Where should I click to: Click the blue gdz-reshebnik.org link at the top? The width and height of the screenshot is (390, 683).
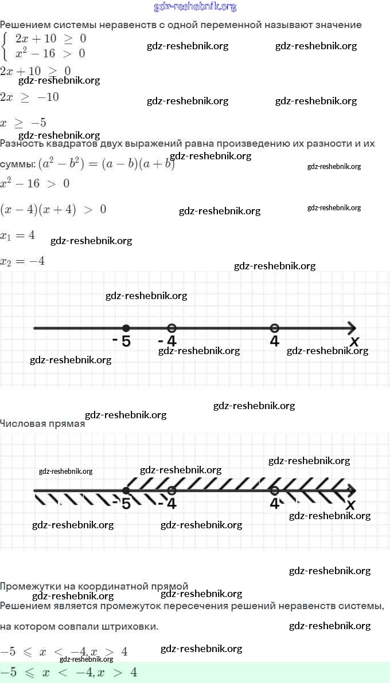pyautogui.click(x=195, y=7)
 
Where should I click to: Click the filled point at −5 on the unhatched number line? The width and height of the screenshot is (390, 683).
pyautogui.click(x=126, y=328)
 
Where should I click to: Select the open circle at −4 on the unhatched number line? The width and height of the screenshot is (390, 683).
pyautogui.click(x=171, y=328)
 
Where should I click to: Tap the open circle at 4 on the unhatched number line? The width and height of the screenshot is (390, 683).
pyautogui.click(x=274, y=328)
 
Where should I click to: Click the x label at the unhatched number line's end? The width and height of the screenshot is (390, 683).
pyautogui.click(x=354, y=342)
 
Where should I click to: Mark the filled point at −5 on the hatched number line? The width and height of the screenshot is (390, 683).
pyautogui.click(x=126, y=490)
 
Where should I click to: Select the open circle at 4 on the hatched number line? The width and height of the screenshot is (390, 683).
pyautogui.click(x=274, y=490)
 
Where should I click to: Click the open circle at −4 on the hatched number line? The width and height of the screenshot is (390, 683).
pyautogui.click(x=171, y=490)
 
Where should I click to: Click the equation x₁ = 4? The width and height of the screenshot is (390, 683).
pyautogui.click(x=18, y=235)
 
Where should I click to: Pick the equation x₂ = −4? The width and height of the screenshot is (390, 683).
pyautogui.click(x=22, y=261)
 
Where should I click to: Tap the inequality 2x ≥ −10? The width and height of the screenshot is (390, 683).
pyautogui.click(x=29, y=97)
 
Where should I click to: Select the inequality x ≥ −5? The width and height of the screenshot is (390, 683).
pyautogui.click(x=23, y=123)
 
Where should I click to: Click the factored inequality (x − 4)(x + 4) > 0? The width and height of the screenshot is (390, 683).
pyautogui.click(x=53, y=209)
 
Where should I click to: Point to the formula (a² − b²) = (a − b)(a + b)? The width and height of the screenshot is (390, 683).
pyautogui.click(x=106, y=164)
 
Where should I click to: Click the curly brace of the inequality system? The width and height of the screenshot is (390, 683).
pyautogui.click(x=6, y=47)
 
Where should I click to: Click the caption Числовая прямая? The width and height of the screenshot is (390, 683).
pyautogui.click(x=42, y=425)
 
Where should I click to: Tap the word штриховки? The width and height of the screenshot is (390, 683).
pyautogui.click(x=132, y=627)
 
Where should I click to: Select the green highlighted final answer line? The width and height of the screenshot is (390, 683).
pyautogui.click(x=195, y=672)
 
